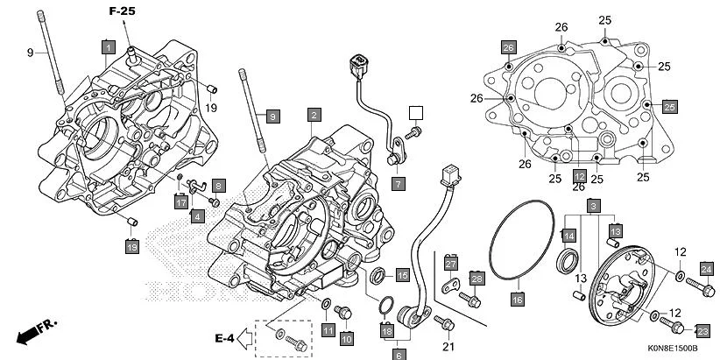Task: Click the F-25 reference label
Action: point(123,11)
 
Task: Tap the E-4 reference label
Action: point(227,337)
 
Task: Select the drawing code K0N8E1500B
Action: point(671,349)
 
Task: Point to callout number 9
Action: point(29,53)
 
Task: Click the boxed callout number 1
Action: point(108,45)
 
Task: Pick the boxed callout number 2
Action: point(313,114)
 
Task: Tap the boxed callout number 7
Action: point(398,184)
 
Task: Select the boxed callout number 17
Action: point(180,202)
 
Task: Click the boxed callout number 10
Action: point(346,338)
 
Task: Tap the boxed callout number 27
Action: point(451,264)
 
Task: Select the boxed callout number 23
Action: point(702,330)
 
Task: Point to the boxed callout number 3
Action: point(593,206)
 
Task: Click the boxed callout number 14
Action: point(568,236)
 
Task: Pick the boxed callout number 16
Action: point(517,300)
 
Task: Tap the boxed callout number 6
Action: point(399,355)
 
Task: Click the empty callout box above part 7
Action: point(415,112)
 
